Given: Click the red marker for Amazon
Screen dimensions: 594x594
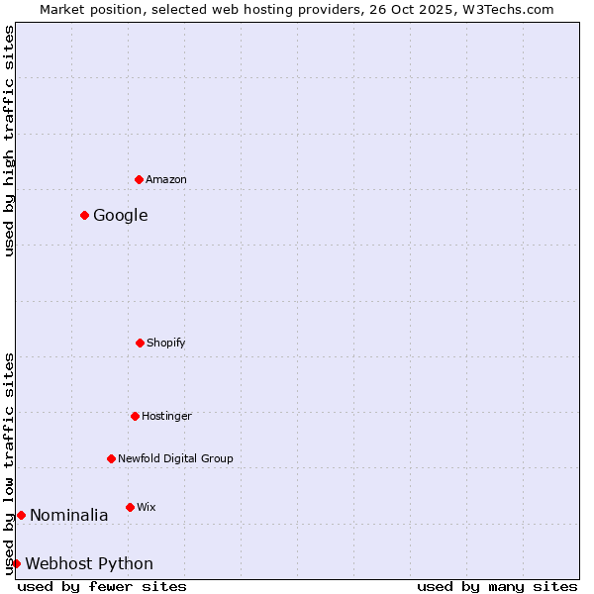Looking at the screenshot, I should pos(139,179).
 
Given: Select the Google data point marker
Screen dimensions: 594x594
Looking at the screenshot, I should pos(85,215).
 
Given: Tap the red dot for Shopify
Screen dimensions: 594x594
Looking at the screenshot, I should pos(140,343).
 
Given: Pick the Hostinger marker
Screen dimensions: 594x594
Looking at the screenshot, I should pos(135,416).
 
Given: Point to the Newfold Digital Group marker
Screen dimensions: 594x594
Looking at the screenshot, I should pos(111,458).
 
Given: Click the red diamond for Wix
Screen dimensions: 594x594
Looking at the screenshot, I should pos(130,507).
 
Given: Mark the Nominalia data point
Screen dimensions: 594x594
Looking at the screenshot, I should pos(21,515).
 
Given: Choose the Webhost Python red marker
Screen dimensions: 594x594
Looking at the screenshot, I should pos(16,563).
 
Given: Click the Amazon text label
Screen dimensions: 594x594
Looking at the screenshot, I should pos(166,179).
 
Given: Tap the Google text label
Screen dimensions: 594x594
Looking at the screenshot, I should pos(121,215).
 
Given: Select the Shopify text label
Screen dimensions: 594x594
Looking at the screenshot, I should pos(166,343).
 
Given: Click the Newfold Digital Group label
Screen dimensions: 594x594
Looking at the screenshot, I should pos(176,458).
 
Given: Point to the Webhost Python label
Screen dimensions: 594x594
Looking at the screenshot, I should pos(89,563).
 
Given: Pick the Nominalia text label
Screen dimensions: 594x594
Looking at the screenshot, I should pos(69,515).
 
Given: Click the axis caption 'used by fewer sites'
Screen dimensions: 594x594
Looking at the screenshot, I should pos(102,586).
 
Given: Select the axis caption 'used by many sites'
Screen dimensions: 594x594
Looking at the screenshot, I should pos(497,586).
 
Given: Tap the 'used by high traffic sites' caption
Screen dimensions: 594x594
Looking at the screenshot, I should pos(9,141).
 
